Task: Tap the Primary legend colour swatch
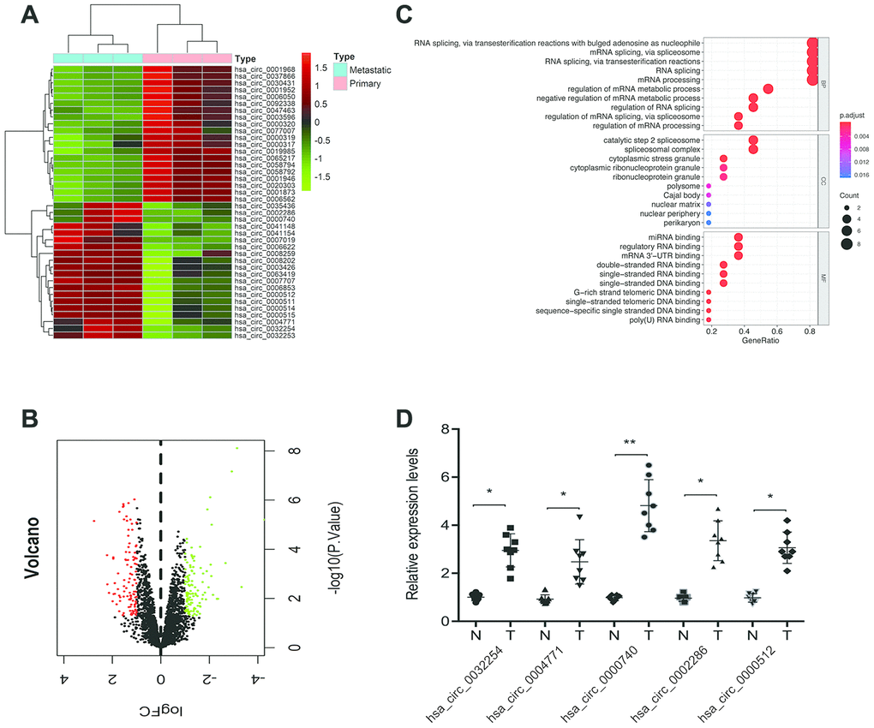pos(339,84)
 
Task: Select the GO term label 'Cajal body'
pos(679,195)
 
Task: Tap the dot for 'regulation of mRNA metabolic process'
pos(769,89)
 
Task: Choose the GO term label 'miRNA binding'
pos(675,236)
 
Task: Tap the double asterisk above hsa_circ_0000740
pos(632,445)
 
